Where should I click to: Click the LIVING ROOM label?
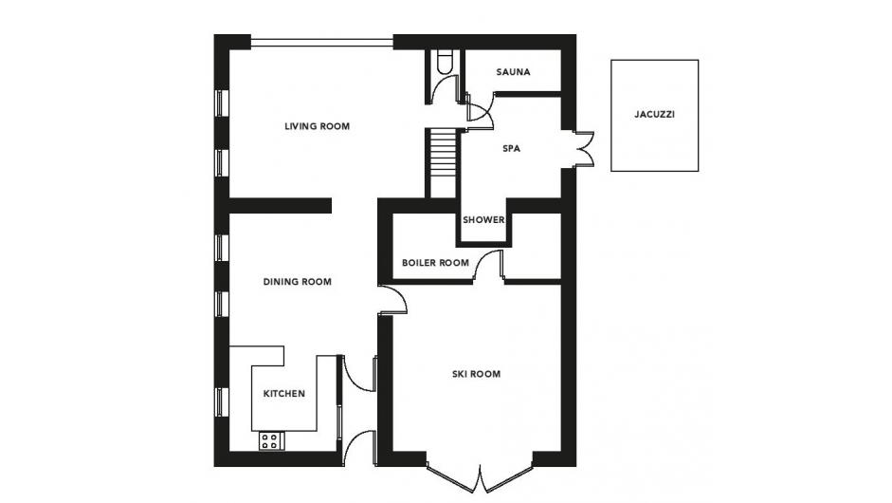click(x=317, y=126)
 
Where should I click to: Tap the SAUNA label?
click(x=513, y=72)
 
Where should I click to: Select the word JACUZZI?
click(x=654, y=114)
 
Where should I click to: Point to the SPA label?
click(x=512, y=148)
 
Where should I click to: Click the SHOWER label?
click(x=483, y=219)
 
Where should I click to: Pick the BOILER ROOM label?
click(x=435, y=263)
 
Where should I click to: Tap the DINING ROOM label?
click(x=297, y=282)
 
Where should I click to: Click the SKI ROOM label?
click(x=476, y=374)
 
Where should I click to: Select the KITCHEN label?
click(x=283, y=393)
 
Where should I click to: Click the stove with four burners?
click(x=272, y=441)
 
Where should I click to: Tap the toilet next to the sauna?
click(x=445, y=62)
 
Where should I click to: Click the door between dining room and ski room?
click(x=393, y=299)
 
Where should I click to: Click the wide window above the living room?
click(x=322, y=41)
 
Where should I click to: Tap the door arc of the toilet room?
click(x=445, y=89)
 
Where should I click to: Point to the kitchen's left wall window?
click(x=220, y=401)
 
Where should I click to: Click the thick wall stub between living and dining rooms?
click(x=280, y=206)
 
